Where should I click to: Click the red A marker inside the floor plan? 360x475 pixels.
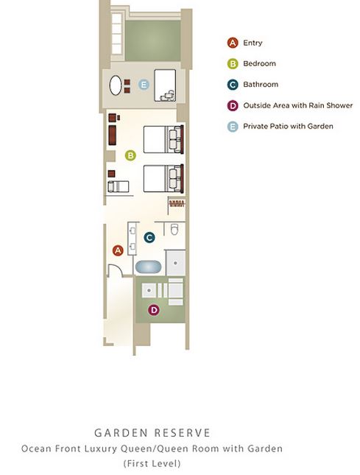coord(118,250)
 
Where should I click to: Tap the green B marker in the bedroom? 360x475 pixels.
coord(130,155)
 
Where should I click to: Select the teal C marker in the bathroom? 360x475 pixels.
coord(149,237)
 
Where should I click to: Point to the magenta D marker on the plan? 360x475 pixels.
coord(154,310)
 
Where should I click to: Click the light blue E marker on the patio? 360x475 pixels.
coord(144,84)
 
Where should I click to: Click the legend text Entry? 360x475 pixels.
coord(253,43)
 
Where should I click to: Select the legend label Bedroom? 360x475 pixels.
coord(259,63)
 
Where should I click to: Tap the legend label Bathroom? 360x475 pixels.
coord(261,84)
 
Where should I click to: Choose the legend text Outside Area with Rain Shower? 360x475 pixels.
coord(298,105)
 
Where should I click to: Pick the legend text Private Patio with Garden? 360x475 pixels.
coord(288,127)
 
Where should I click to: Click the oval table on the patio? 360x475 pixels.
coord(116,85)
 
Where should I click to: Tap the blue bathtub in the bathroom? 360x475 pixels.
coord(149,267)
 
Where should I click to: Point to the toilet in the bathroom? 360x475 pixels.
coord(174,229)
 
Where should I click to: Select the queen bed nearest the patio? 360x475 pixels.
coord(163,139)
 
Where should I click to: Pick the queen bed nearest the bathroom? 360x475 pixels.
coord(163,178)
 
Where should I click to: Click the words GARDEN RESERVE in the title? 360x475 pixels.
coord(152,432)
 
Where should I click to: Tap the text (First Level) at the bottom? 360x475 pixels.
coord(152,463)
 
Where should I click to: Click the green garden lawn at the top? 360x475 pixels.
coord(153,41)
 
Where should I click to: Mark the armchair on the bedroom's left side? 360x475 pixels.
coord(118,186)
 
